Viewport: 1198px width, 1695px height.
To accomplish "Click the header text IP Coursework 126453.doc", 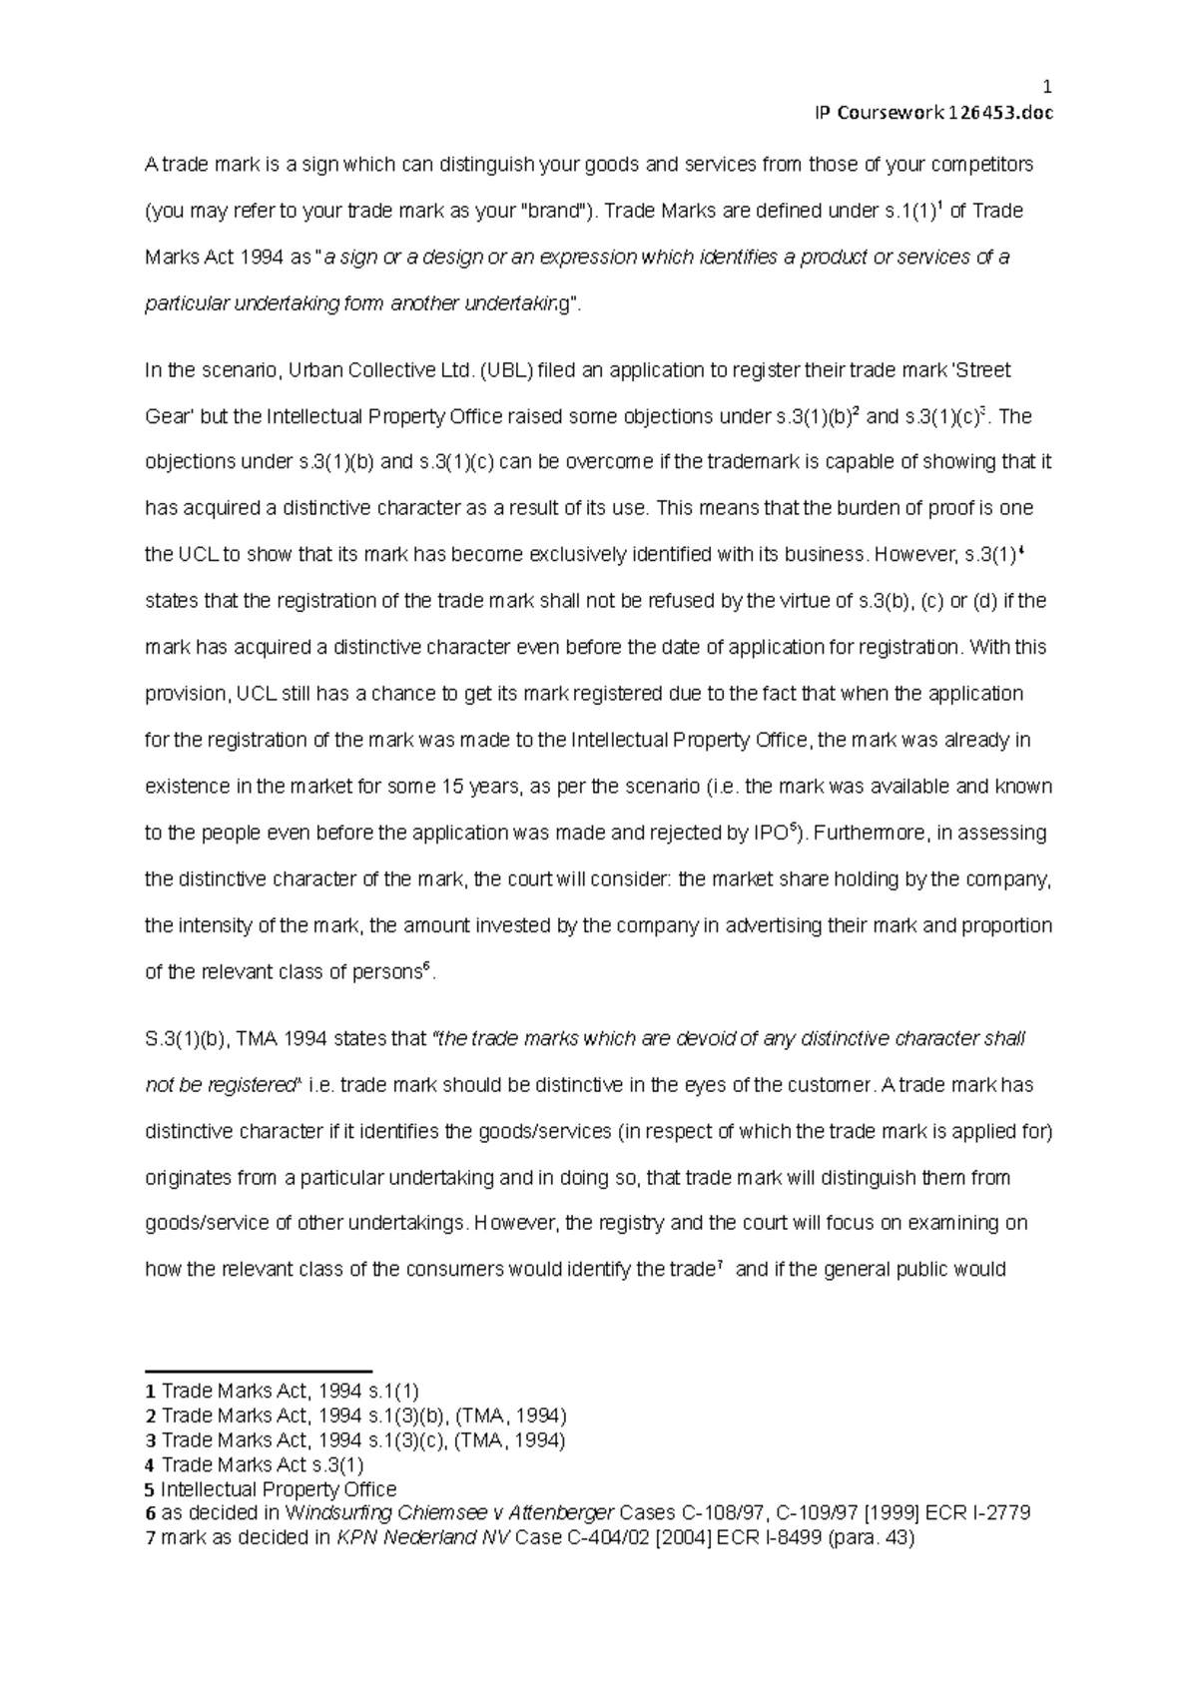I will (934, 112).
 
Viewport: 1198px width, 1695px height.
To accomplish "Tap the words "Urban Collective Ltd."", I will (379, 370).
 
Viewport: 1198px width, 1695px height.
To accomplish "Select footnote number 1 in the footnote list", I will (150, 1391).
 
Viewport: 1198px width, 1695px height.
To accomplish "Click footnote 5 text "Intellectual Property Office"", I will (279, 1489).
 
